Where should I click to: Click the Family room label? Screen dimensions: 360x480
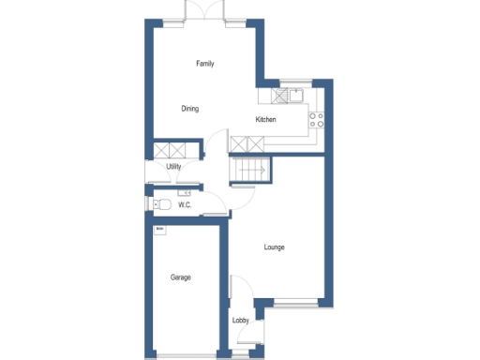coord(204,64)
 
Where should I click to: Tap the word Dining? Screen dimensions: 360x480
coord(190,109)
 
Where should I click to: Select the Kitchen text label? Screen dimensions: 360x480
coord(265,120)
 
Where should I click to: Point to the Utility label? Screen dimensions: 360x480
coord(173,167)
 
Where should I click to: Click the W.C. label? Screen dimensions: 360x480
coord(185,204)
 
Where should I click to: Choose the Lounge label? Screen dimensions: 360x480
coord(274,247)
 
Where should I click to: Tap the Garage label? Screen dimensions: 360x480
coord(181,277)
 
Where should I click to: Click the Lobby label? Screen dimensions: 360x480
coord(241,322)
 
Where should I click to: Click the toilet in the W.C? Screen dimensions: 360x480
coord(162,203)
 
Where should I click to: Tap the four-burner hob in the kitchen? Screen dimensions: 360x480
coord(316,120)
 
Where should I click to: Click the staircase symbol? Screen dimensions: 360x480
coord(251,171)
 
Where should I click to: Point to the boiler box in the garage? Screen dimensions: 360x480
coord(159,228)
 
